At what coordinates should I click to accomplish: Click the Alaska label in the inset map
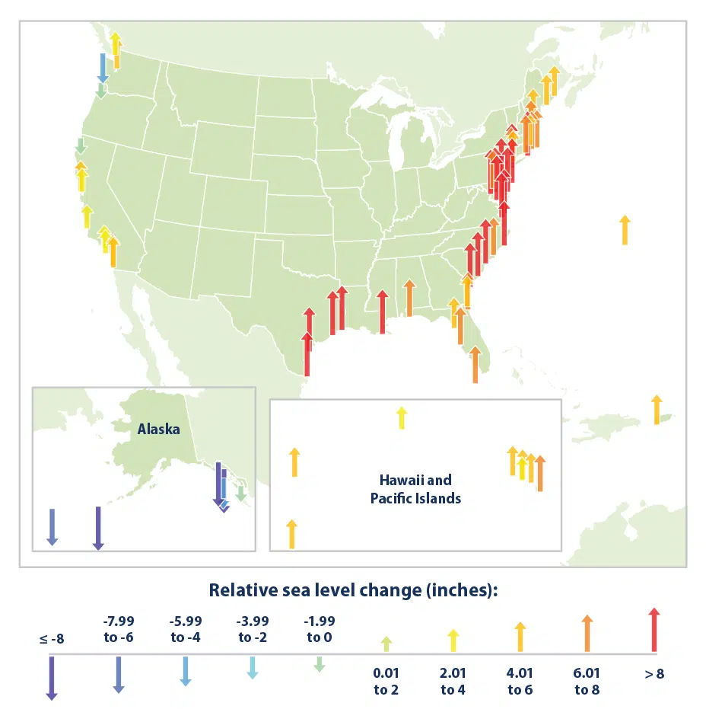point(158,429)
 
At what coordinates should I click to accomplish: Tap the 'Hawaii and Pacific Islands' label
point(415,489)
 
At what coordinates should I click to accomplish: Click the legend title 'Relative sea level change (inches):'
point(353,590)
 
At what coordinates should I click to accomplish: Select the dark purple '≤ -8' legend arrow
point(52,677)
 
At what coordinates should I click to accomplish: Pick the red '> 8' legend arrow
point(654,630)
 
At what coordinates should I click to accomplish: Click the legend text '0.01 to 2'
point(386,682)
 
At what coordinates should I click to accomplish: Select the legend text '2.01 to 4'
point(453,682)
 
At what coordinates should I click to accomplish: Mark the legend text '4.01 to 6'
point(520,682)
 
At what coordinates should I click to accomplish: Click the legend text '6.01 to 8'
point(587,682)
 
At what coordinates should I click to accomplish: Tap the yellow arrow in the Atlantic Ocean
point(625,229)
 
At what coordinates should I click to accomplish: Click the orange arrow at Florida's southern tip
point(475,365)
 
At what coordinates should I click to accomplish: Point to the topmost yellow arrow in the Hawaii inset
point(401,417)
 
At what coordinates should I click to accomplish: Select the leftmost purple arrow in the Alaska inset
point(52,526)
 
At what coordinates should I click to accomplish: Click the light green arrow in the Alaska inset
point(240,494)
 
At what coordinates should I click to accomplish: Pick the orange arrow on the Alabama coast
point(409,298)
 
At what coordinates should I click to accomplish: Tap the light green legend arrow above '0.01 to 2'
point(386,643)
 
